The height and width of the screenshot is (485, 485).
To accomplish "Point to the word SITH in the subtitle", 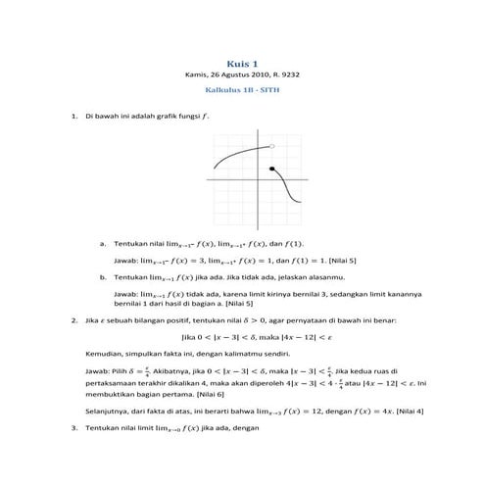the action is (269, 91).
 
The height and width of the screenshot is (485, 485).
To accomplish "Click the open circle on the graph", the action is (271, 147).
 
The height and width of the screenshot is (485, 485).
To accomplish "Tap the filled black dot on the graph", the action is (271, 170).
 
